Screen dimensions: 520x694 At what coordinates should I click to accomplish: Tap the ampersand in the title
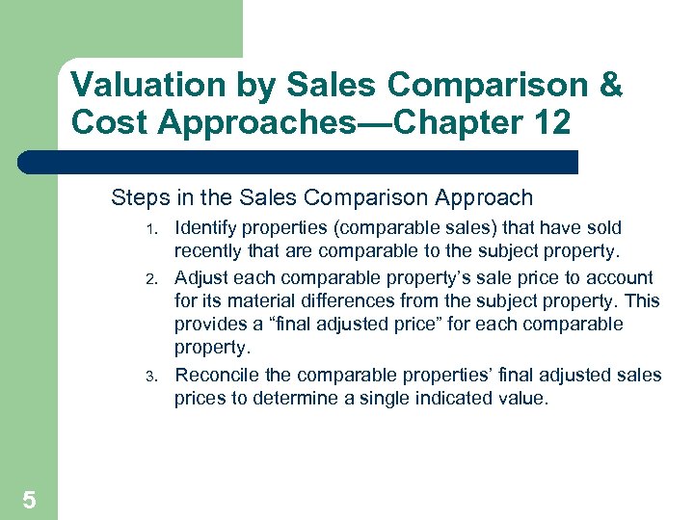point(610,85)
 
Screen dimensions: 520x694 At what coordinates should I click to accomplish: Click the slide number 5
point(29,500)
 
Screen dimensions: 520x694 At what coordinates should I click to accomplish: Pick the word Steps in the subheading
point(138,198)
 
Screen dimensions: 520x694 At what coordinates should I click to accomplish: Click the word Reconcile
point(219,375)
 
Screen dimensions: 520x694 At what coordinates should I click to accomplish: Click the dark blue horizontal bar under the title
point(299,162)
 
